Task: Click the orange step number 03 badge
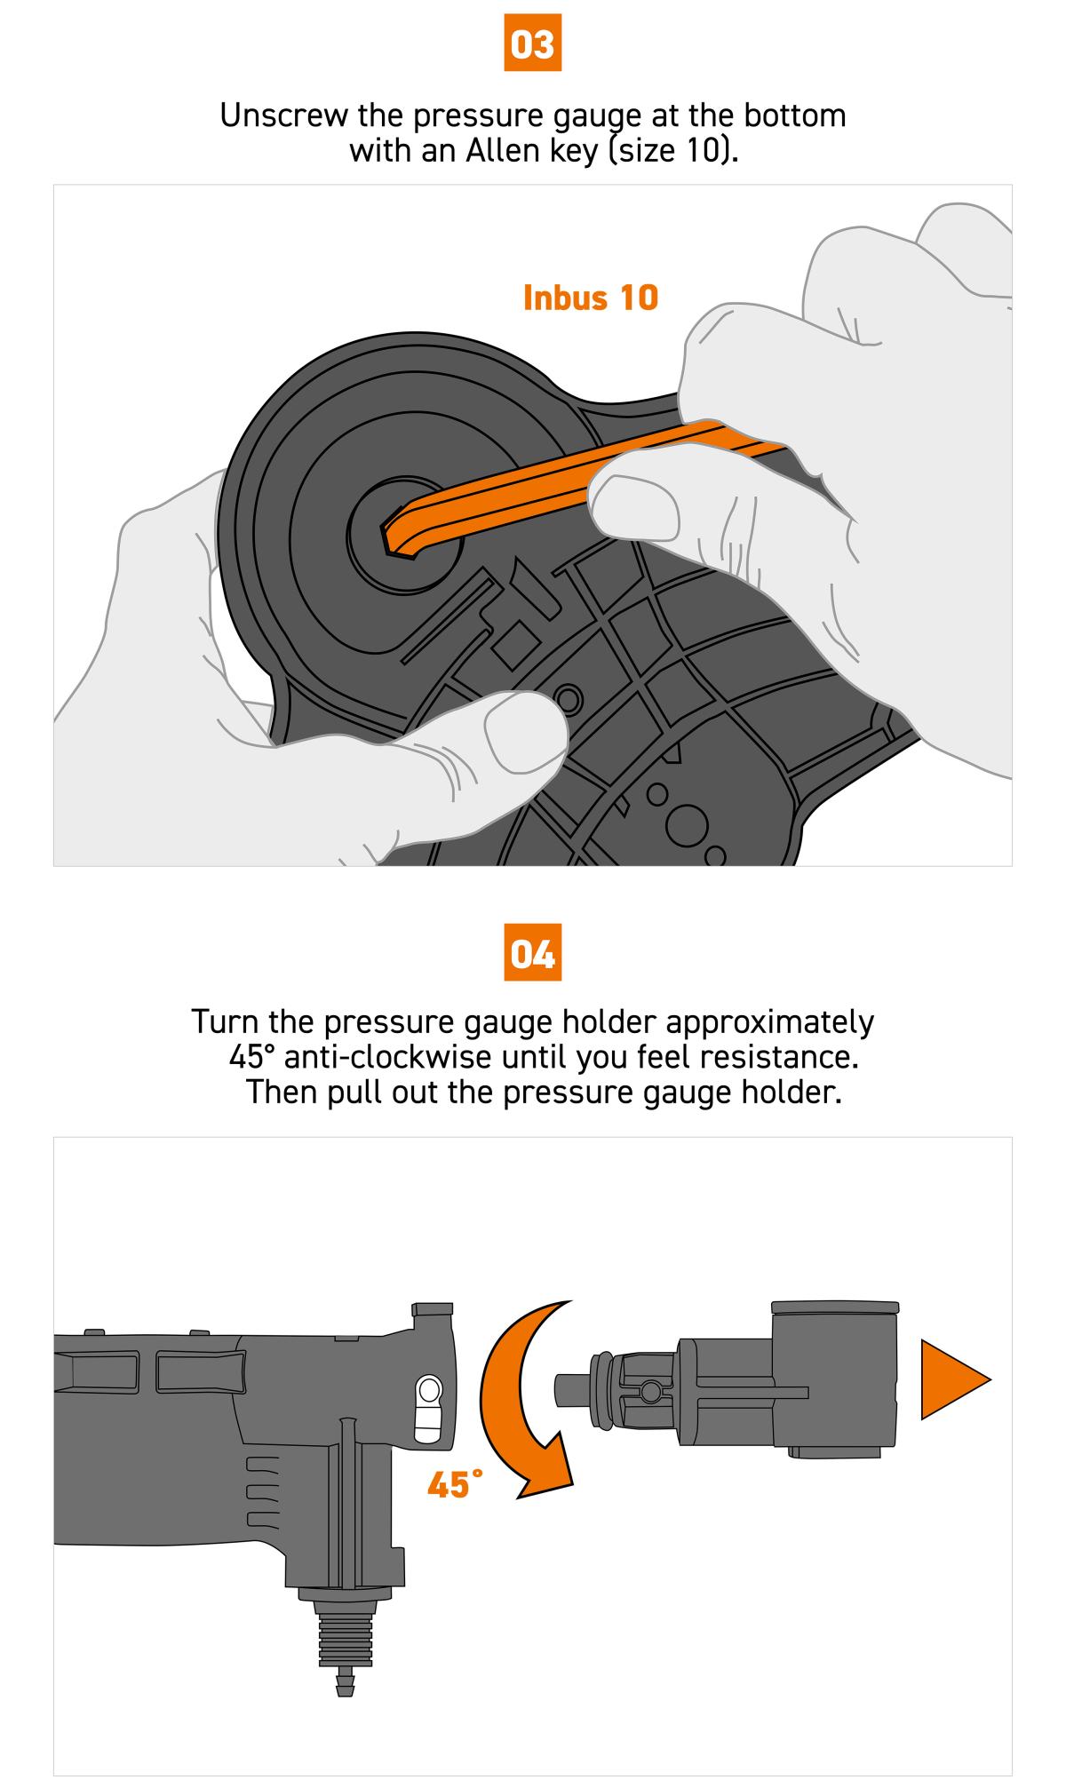click(x=533, y=44)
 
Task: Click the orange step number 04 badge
click(x=533, y=953)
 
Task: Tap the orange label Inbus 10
click(x=591, y=298)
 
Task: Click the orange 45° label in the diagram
click(x=455, y=1484)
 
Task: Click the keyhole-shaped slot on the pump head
click(x=428, y=1409)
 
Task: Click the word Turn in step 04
click(x=225, y=1021)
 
